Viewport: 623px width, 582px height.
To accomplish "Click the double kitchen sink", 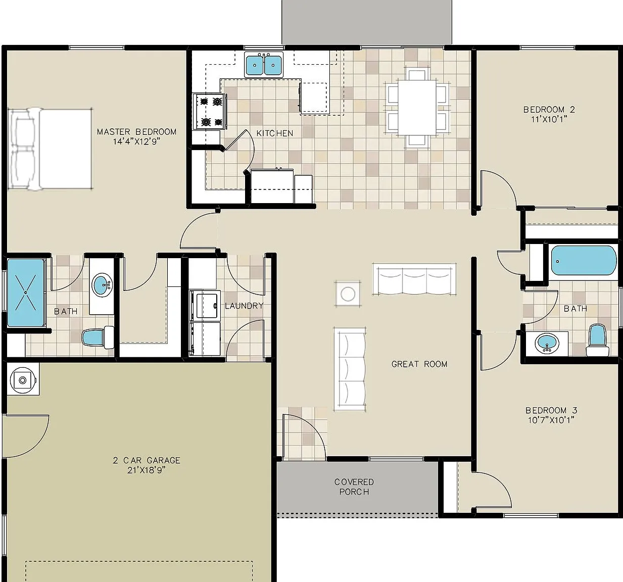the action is tap(264, 65).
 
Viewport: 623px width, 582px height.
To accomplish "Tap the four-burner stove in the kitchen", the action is tap(210, 111).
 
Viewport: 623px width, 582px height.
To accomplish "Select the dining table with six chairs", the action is tap(417, 107).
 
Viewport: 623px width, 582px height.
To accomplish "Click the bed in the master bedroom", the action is tap(50, 149).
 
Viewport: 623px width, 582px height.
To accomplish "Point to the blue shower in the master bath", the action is tap(26, 292).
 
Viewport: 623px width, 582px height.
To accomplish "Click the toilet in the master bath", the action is tap(98, 336).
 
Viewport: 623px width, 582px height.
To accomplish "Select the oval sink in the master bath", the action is tap(102, 284).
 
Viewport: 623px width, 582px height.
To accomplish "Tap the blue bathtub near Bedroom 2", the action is tap(584, 261).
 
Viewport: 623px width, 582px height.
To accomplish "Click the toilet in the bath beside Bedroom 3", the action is tap(597, 340).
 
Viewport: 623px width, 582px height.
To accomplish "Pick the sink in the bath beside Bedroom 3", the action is tap(547, 343).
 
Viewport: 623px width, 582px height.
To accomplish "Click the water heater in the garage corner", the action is tap(23, 380).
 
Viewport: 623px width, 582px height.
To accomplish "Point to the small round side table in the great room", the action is tap(348, 294).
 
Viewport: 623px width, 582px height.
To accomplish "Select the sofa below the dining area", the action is tap(414, 279).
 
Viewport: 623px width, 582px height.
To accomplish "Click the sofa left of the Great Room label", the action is tap(350, 369).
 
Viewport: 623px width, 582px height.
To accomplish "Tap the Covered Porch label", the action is tap(354, 487).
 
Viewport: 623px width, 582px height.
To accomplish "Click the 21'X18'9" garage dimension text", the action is tap(147, 470).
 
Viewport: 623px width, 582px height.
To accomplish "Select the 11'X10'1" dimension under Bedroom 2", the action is tap(549, 119).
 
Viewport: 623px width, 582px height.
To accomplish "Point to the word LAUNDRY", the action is tap(244, 306).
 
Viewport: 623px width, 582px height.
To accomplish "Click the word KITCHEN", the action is tap(275, 133).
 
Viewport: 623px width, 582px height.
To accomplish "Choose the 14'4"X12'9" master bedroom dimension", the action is tap(136, 141).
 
